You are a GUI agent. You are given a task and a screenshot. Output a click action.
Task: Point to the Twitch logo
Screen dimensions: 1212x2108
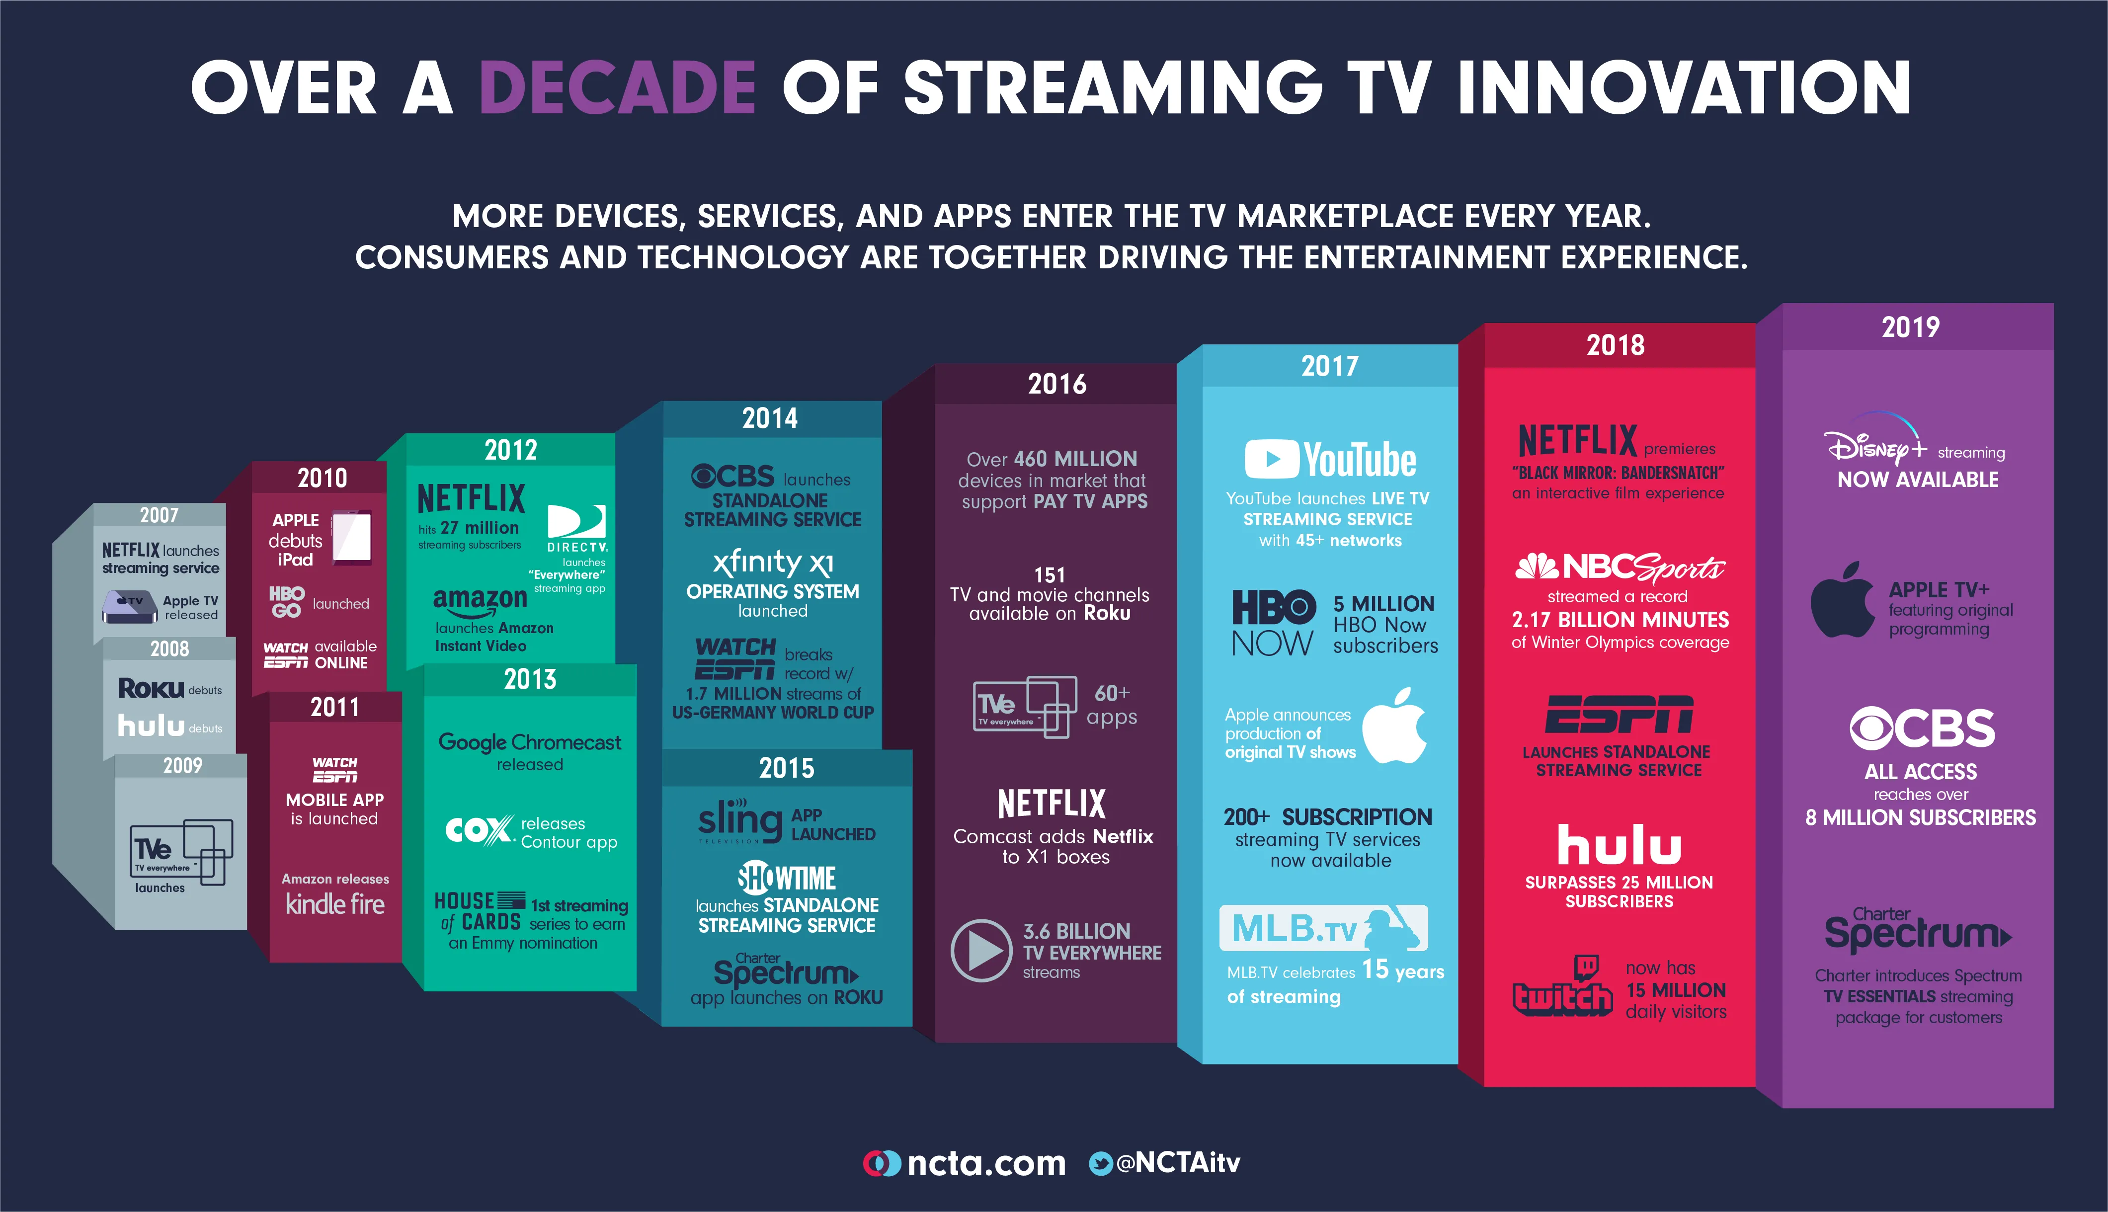pos(1562,988)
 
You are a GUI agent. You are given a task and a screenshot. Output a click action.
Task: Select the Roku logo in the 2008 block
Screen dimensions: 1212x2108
pos(151,688)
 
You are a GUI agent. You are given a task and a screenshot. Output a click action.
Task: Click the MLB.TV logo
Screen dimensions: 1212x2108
pos(1323,928)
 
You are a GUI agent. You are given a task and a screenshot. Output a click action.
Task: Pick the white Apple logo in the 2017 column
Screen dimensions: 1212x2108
pos(1395,727)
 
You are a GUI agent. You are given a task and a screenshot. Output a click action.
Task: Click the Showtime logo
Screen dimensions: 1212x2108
pos(787,878)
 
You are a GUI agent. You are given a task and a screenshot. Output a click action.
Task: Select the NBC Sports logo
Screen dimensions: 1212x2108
pos(1619,567)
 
